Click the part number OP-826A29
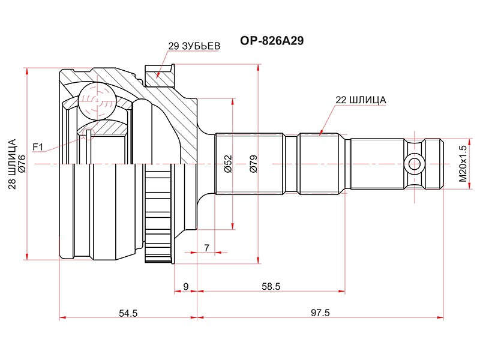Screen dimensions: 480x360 pyautogui.click(x=272, y=40)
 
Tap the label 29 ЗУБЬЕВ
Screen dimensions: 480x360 pyautogui.click(x=194, y=46)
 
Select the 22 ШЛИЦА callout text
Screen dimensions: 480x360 pyautogui.click(x=361, y=100)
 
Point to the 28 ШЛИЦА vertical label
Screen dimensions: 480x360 pyautogui.click(x=12, y=164)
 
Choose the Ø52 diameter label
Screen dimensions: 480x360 pyautogui.click(x=229, y=164)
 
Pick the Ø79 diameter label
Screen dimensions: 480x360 pyautogui.click(x=254, y=164)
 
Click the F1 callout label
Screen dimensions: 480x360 pyautogui.click(x=38, y=147)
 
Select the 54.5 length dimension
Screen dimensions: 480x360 pyautogui.click(x=128, y=313)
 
